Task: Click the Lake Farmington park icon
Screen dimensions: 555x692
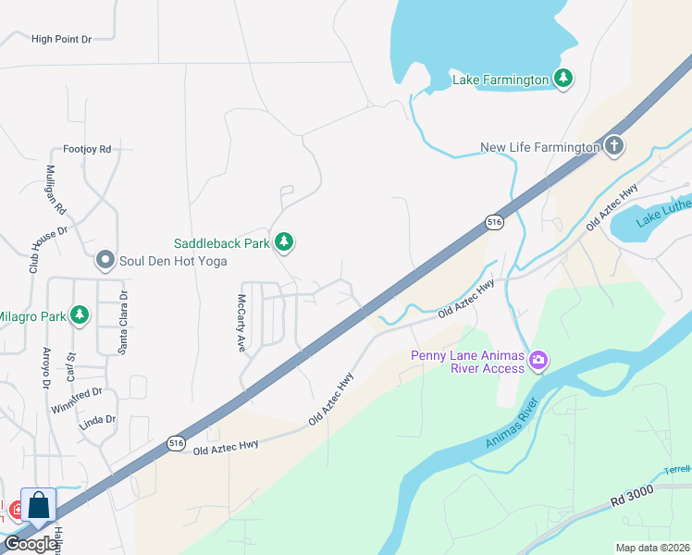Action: (x=563, y=79)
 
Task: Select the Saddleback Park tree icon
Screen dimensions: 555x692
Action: (x=285, y=242)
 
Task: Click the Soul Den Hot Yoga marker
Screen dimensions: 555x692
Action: (x=105, y=260)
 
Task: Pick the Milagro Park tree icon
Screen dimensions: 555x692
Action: (x=80, y=315)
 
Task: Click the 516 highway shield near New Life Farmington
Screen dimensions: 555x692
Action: (x=494, y=223)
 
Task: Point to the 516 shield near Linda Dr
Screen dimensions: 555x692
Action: (x=178, y=443)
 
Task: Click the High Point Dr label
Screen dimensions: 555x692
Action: (x=62, y=39)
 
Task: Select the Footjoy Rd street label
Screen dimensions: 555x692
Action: (x=87, y=148)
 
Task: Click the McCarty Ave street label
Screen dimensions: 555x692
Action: (x=241, y=323)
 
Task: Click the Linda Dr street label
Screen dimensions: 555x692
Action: (x=97, y=419)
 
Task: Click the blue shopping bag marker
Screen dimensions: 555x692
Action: (x=39, y=506)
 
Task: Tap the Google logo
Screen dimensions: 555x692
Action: (x=31, y=544)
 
